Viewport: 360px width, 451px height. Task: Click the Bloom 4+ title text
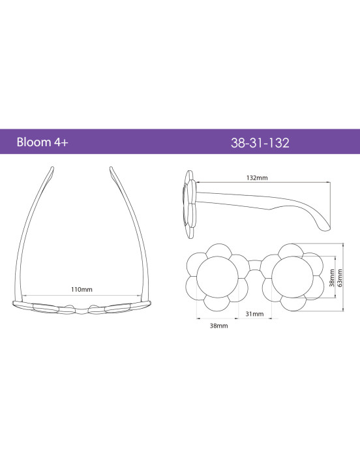[42, 142]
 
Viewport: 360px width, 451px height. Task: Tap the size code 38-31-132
[260, 143]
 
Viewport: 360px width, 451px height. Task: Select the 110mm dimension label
[82, 289]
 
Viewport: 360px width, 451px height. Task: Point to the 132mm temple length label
[257, 178]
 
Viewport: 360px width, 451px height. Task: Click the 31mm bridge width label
[254, 314]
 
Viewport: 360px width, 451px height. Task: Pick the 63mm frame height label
[340, 278]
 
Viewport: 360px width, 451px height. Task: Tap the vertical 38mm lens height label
[332, 278]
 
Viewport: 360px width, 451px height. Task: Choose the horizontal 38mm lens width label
[218, 326]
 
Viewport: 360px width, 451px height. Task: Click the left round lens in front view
[218, 277]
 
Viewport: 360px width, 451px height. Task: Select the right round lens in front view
[292, 277]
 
